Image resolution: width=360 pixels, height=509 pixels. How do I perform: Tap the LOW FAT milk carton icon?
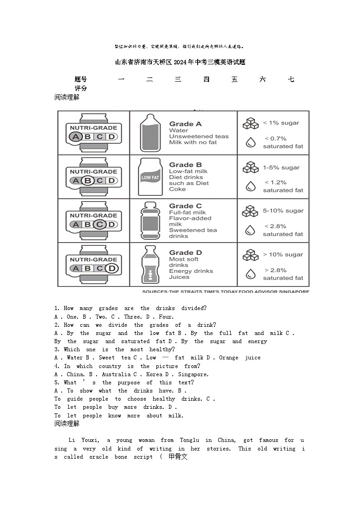pyautogui.click(x=150, y=177)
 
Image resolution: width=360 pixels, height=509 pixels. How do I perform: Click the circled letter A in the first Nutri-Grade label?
pyautogui.click(x=75, y=137)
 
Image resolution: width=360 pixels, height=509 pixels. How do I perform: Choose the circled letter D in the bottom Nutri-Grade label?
pyautogui.click(x=112, y=268)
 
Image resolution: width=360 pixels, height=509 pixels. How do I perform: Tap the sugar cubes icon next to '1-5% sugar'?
pyautogui.click(x=250, y=168)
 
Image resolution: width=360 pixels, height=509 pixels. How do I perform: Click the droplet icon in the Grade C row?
pyautogui.click(x=250, y=230)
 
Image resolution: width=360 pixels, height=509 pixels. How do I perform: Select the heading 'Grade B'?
pyautogui.click(x=185, y=165)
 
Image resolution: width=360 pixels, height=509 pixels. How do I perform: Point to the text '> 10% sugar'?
pyautogui.click(x=283, y=255)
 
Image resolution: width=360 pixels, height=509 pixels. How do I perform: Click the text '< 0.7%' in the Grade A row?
pyautogui.click(x=276, y=139)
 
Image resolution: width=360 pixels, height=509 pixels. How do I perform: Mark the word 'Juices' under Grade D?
pyautogui.click(x=179, y=277)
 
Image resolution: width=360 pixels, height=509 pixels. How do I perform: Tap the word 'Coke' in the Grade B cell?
pyautogui.click(x=177, y=189)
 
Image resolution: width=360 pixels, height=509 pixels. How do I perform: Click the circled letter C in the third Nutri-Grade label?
pyautogui.click(x=100, y=224)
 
